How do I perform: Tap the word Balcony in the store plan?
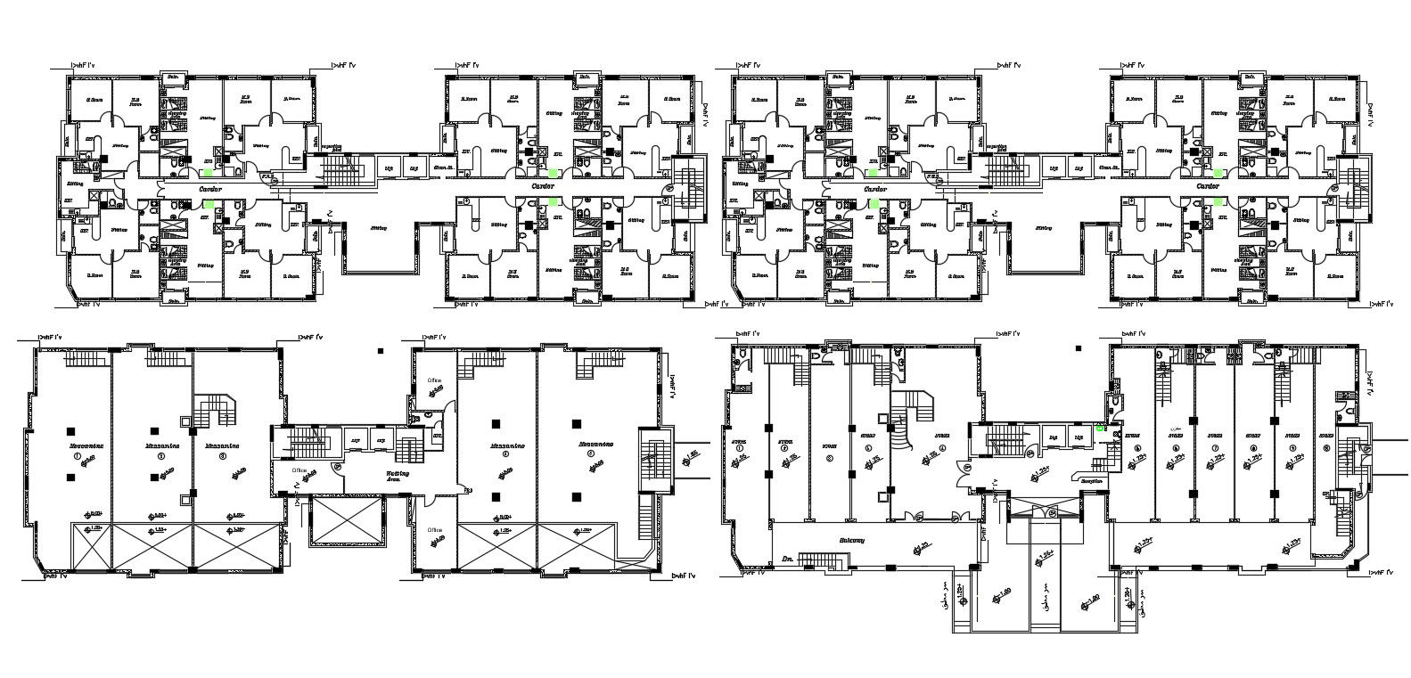tap(853, 539)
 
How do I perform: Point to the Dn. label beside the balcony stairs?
tap(787, 558)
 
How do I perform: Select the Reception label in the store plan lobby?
tap(1091, 481)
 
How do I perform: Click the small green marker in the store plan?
tap(1102, 428)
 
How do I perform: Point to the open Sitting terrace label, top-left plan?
tap(379, 228)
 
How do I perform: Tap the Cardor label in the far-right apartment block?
tap(1208, 187)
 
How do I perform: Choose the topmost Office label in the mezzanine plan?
tap(434, 380)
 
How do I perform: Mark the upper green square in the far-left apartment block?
tap(208, 173)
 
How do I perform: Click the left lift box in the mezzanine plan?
tap(357, 440)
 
